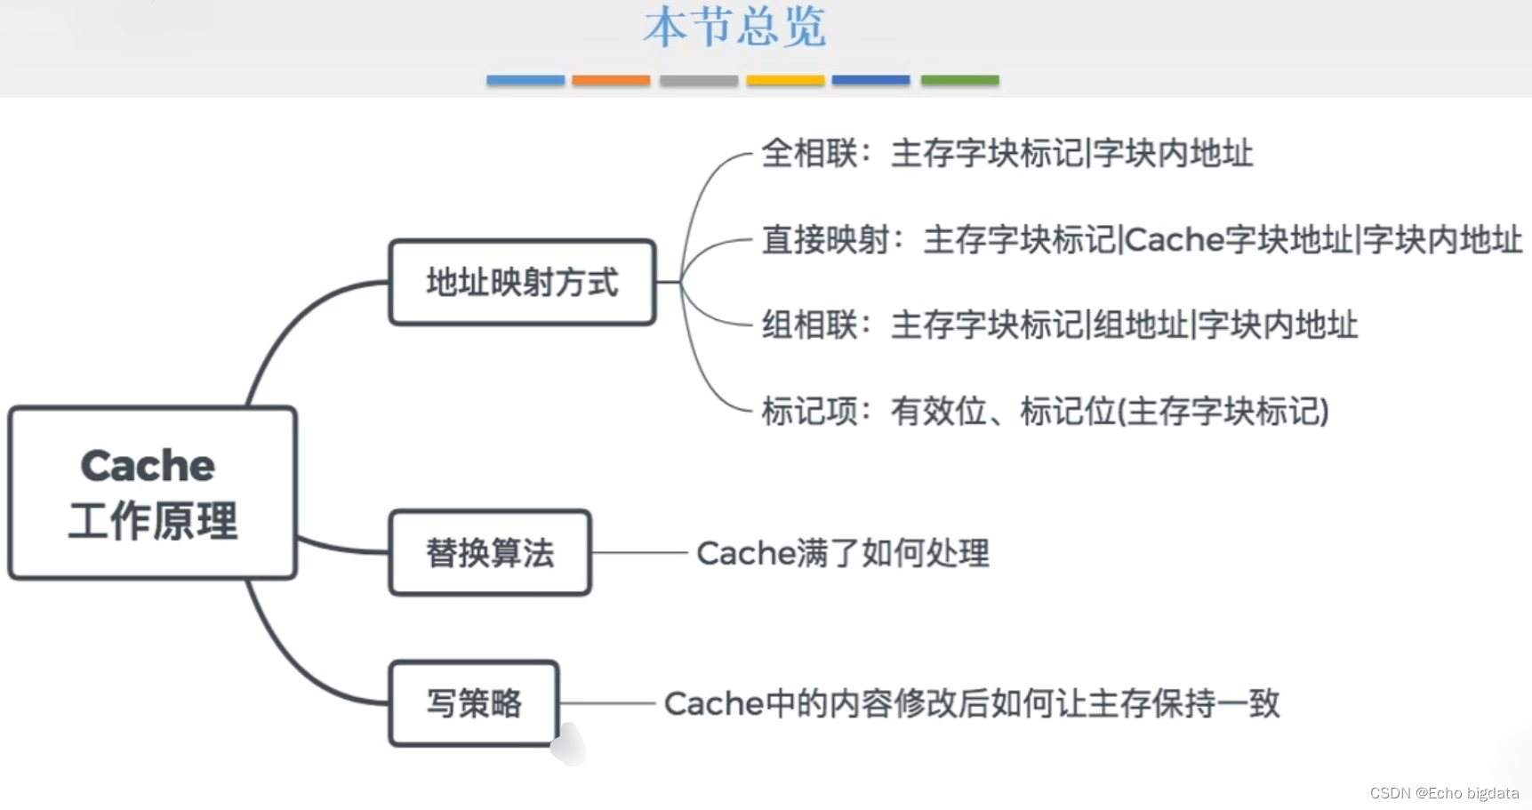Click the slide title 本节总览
click(x=734, y=27)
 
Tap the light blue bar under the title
click(x=525, y=80)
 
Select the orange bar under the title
click(x=611, y=80)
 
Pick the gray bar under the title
click(x=698, y=80)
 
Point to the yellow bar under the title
click(x=785, y=80)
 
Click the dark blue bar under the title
click(x=870, y=80)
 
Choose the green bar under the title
click(x=959, y=80)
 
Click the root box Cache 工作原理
click(x=152, y=493)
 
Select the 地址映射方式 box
click(x=522, y=282)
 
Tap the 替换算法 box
click(x=490, y=552)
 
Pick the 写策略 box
click(x=474, y=702)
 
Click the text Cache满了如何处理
click(x=842, y=553)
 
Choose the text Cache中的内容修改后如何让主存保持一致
click(x=971, y=703)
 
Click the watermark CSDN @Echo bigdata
click(x=1444, y=793)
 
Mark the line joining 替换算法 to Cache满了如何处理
click(x=638, y=553)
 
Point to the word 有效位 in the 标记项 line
click(x=939, y=412)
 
